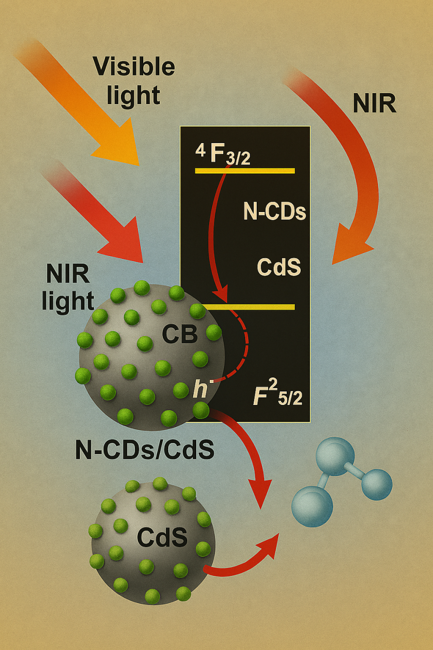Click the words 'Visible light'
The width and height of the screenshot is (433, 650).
(134, 80)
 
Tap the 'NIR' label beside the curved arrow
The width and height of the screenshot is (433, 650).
(374, 103)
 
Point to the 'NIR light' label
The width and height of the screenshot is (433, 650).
(68, 287)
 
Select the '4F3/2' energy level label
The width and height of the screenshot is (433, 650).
(223, 153)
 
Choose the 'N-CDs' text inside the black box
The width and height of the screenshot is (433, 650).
(274, 212)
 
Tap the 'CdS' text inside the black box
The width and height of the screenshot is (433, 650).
(279, 267)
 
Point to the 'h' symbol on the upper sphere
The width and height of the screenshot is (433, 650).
(201, 390)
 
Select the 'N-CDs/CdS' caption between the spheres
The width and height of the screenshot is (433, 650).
(145, 450)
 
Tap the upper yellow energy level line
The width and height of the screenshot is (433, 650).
(245, 171)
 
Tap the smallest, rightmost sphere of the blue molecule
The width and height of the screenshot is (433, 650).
(377, 484)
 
